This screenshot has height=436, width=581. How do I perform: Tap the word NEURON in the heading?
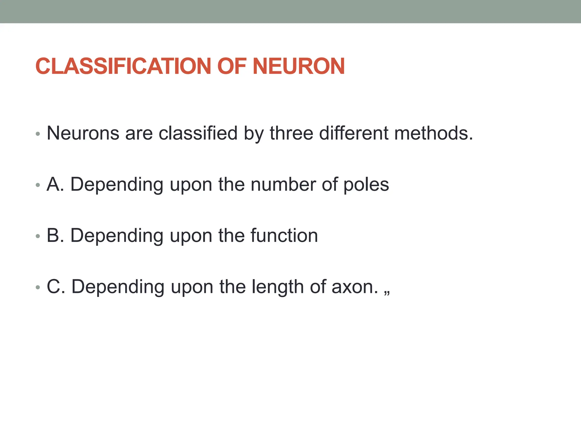(298, 66)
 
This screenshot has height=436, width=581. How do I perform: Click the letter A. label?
(55, 184)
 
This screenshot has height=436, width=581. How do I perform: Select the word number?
(283, 184)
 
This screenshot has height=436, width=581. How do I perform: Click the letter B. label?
(55, 235)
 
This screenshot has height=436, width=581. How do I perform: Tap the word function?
(284, 235)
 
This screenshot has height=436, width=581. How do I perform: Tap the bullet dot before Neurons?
(38, 134)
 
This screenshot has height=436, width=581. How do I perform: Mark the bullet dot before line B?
(38, 236)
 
